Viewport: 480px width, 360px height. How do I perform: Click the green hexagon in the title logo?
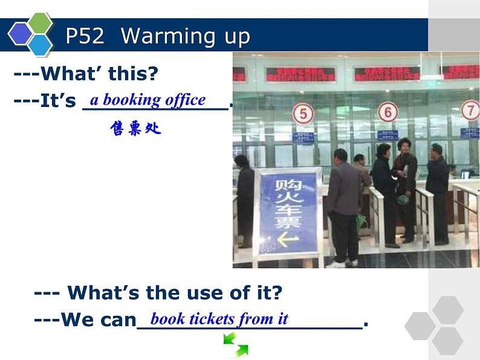click(x=41, y=23)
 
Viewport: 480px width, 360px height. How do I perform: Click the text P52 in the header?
click(x=85, y=36)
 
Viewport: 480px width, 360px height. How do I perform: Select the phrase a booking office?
click(x=148, y=100)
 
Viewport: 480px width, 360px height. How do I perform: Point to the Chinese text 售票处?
click(x=136, y=128)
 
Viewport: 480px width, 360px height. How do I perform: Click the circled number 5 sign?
click(x=303, y=114)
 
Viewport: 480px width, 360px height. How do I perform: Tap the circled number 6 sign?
click(x=388, y=112)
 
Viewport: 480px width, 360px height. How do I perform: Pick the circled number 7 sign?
click(x=470, y=110)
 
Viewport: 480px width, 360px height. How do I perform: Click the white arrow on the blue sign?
click(x=288, y=240)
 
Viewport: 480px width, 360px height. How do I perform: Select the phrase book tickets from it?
click(x=219, y=318)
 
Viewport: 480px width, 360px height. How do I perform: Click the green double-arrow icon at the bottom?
click(x=235, y=346)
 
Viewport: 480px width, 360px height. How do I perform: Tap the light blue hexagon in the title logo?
click(x=41, y=45)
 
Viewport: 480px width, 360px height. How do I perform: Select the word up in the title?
click(x=238, y=37)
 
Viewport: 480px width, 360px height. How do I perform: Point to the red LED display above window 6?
click(x=386, y=74)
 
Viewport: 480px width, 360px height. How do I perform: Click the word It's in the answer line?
click(x=57, y=101)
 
